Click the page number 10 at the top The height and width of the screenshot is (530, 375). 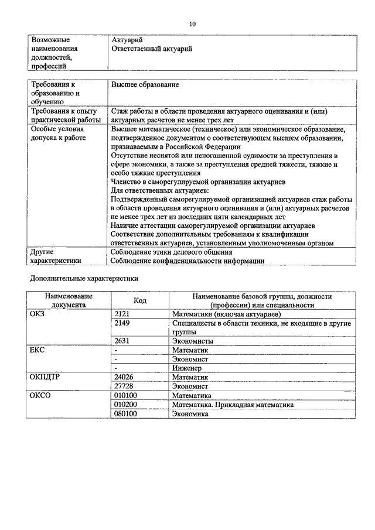pyautogui.click(x=193, y=24)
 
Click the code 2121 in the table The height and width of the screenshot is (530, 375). pyautogui.click(x=122, y=314)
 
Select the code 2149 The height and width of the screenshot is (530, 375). pyautogui.click(x=122, y=323)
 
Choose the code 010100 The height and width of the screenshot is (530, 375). pyautogui.click(x=125, y=396)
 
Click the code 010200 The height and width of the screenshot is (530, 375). pyautogui.click(x=125, y=405)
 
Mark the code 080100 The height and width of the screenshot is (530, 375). pyautogui.click(x=125, y=414)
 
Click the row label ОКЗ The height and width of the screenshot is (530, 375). pyautogui.click(x=37, y=314)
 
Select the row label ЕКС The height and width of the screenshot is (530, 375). pyautogui.click(x=37, y=350)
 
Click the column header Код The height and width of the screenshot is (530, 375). pyautogui.click(x=140, y=300)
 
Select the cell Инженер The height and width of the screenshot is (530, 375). pyautogui.click(x=187, y=368)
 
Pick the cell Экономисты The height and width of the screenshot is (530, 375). pyautogui.click(x=193, y=341)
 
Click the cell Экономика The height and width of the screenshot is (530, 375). pyautogui.click(x=190, y=414)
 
